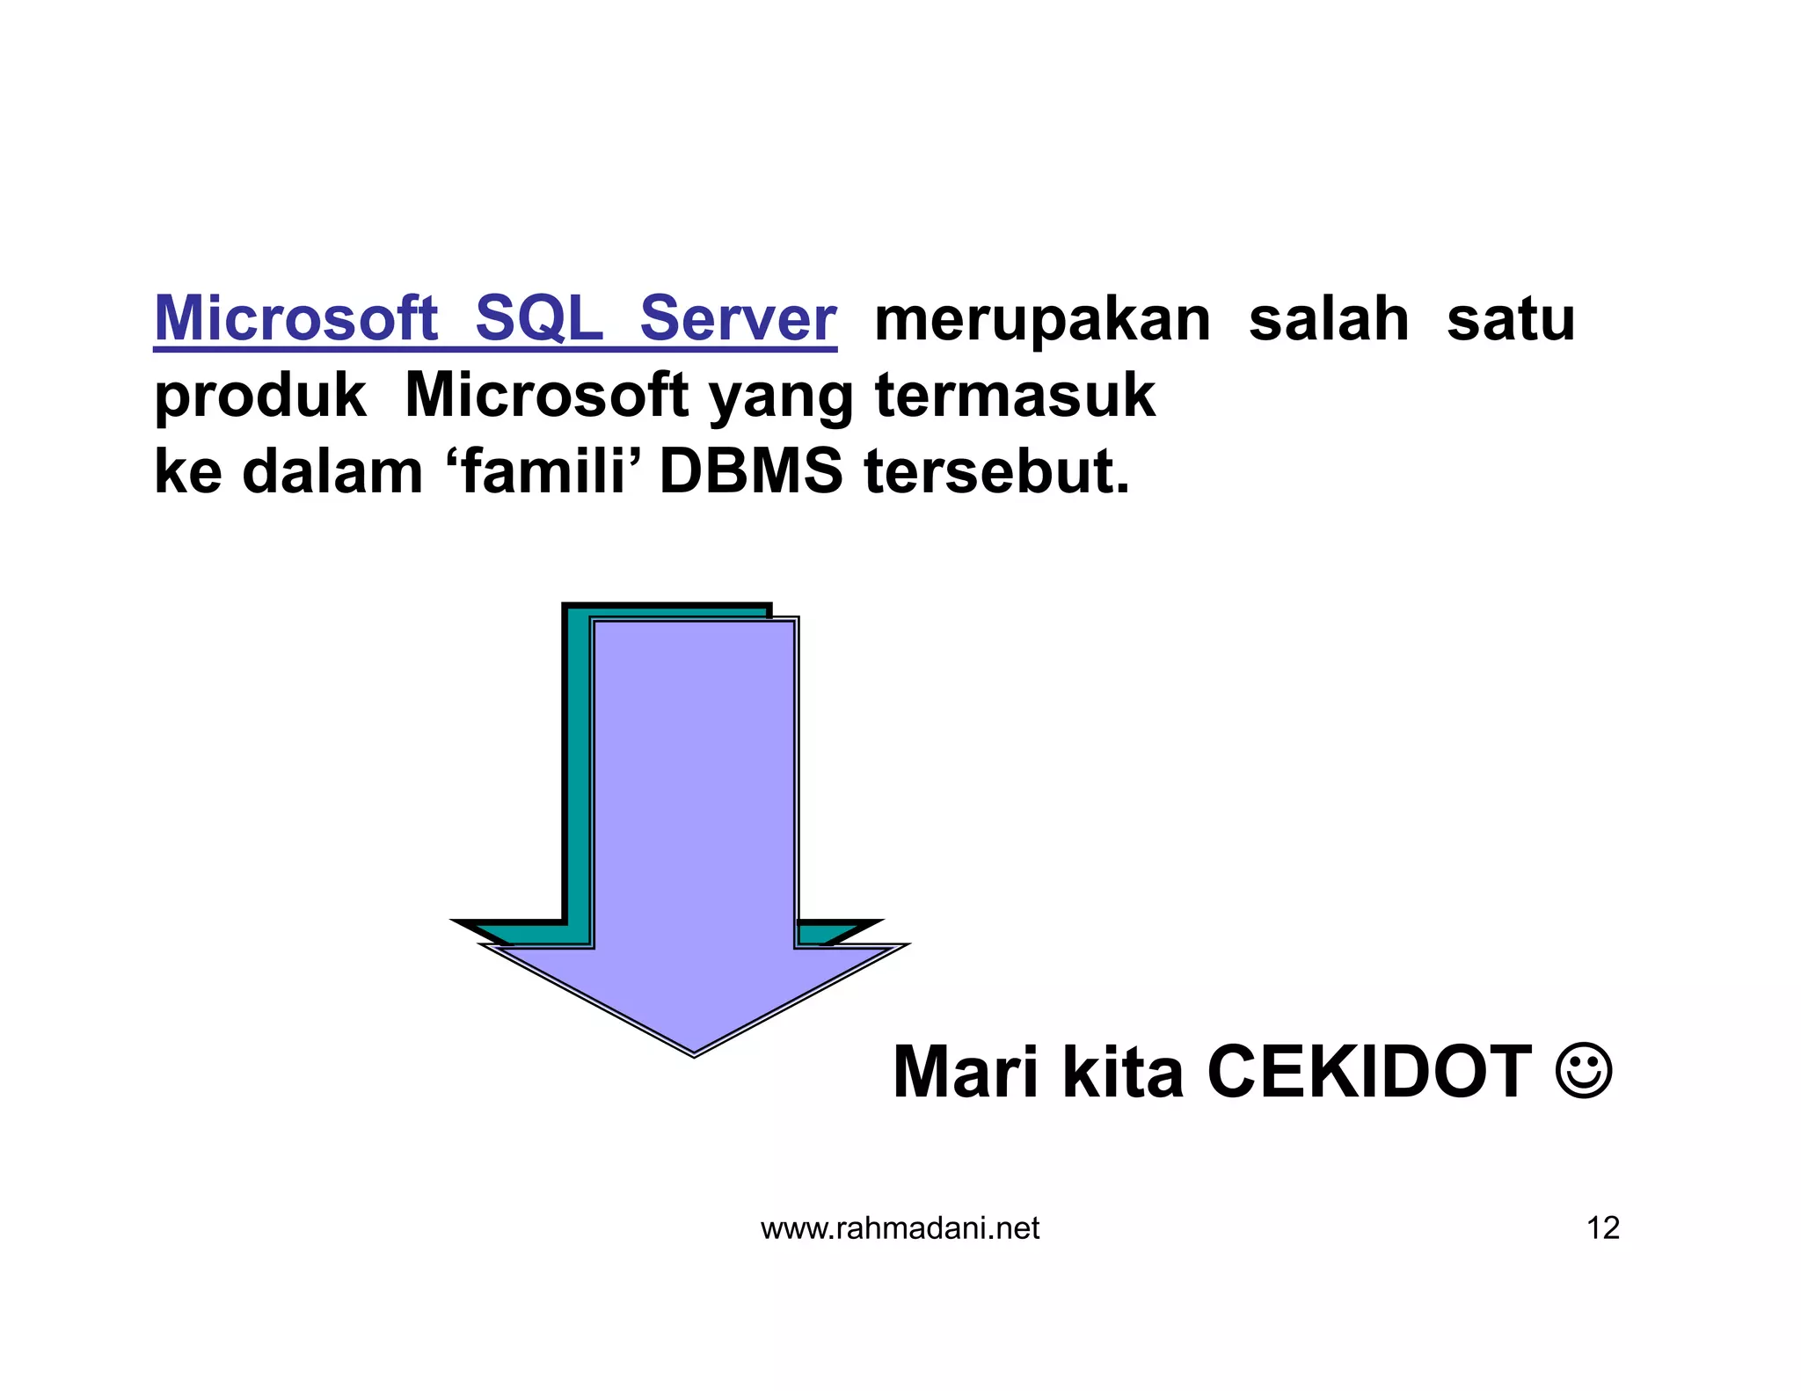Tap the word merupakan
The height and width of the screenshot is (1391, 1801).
click(1042, 320)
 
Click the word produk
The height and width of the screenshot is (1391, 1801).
click(260, 397)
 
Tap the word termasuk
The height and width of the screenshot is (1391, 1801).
click(1015, 395)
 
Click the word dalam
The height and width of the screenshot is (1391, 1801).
click(332, 472)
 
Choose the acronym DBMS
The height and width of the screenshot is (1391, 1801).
click(751, 472)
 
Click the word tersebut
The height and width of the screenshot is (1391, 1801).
click(996, 472)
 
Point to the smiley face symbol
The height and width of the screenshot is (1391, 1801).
click(1584, 1071)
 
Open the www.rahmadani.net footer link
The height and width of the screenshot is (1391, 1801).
click(900, 1228)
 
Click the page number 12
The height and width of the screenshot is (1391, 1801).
click(1602, 1228)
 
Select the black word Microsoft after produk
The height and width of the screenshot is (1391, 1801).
click(546, 395)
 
